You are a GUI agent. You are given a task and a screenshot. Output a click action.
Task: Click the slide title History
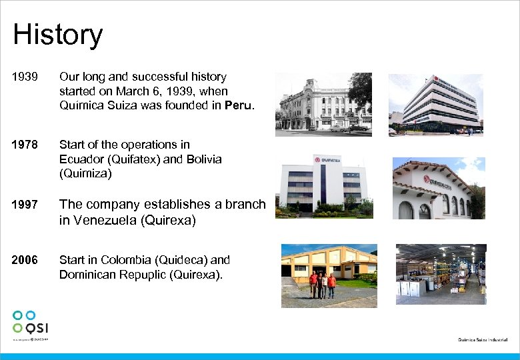coord(57,35)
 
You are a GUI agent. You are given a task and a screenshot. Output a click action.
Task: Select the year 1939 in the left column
coord(24,77)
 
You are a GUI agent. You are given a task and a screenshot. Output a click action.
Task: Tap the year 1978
coord(24,145)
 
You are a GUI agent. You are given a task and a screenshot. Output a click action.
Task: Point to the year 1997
coord(24,205)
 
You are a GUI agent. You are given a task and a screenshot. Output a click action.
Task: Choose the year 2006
coord(24,260)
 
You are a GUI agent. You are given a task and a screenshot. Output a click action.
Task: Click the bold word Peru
coord(239,105)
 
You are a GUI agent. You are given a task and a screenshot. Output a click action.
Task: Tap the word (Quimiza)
coord(86,174)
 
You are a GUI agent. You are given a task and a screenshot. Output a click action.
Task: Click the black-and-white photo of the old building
coord(323,104)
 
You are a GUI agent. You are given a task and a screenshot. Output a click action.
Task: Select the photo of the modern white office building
coord(442,104)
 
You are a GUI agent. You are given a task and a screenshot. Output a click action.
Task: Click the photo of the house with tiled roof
coord(438,189)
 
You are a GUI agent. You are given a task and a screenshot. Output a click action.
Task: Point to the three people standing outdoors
coord(323,285)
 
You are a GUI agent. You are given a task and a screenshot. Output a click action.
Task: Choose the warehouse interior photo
coord(441,274)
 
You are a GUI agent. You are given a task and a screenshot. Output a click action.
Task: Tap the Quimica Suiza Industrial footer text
coord(483,340)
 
